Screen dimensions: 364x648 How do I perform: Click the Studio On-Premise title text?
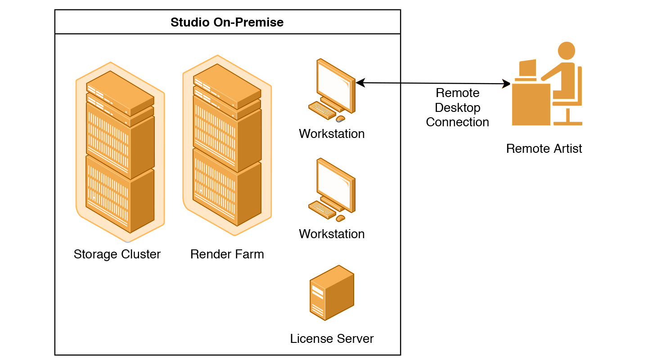point(227,22)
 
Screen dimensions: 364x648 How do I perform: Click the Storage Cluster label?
point(117,254)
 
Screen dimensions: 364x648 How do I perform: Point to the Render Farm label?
point(227,254)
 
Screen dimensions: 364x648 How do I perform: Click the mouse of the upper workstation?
point(341,119)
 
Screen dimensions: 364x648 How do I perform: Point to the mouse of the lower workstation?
point(341,218)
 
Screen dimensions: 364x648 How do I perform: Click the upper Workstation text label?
point(332,134)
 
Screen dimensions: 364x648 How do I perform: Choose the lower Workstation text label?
point(332,234)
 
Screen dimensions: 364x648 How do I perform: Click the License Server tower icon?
point(332,293)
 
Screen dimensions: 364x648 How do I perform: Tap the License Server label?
point(332,338)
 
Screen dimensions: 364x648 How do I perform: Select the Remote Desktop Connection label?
point(458,108)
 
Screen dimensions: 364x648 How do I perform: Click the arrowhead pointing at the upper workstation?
point(360,83)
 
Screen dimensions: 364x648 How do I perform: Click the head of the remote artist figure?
point(566,50)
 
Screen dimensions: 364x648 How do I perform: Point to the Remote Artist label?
point(544,149)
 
